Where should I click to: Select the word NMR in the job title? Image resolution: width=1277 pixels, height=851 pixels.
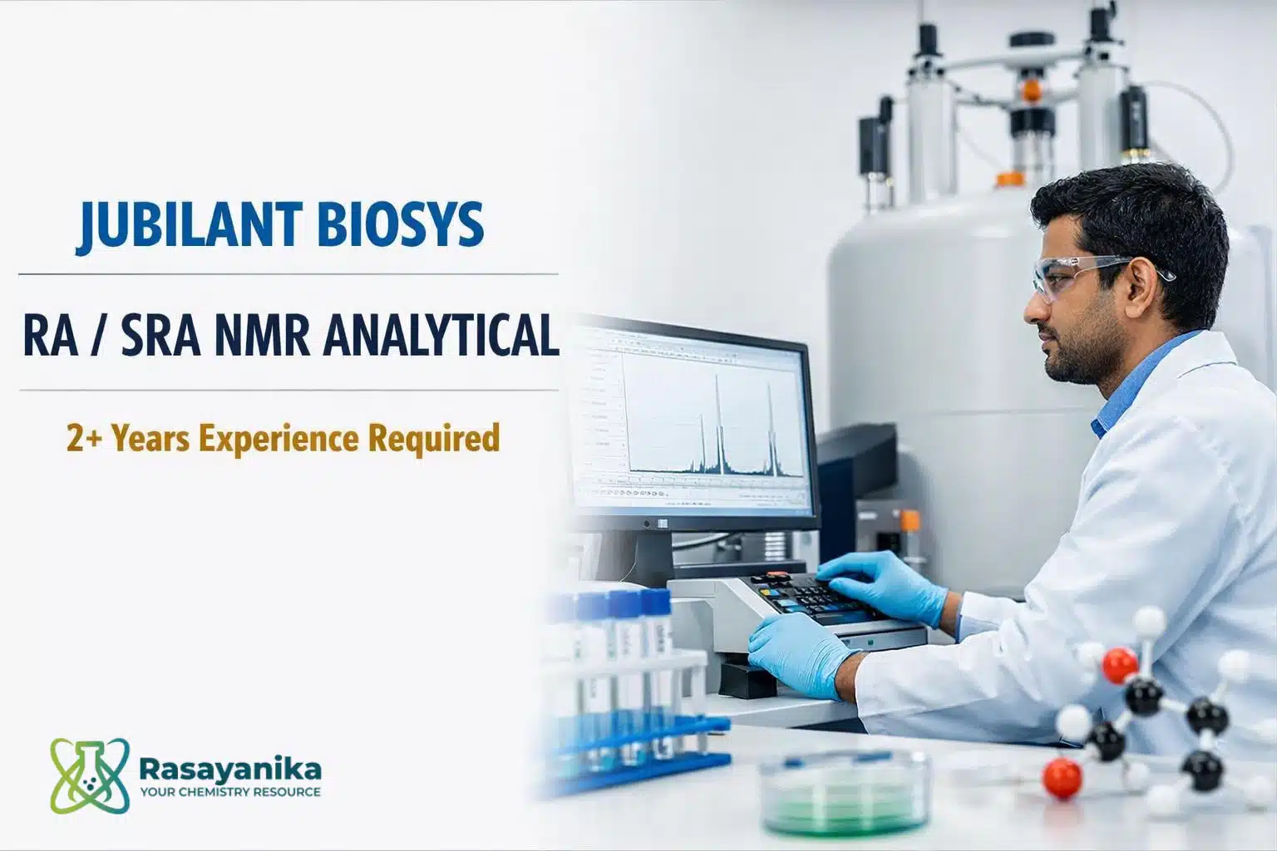(262, 337)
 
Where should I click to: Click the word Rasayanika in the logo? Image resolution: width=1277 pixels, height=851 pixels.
(230, 769)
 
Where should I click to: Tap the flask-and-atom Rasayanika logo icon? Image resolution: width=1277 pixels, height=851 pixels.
(90, 775)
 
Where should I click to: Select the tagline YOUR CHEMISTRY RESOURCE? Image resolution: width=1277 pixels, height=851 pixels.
(230, 792)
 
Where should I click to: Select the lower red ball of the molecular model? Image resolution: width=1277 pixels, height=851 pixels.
(1062, 778)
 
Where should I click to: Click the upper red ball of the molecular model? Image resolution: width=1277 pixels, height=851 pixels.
(1120, 665)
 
